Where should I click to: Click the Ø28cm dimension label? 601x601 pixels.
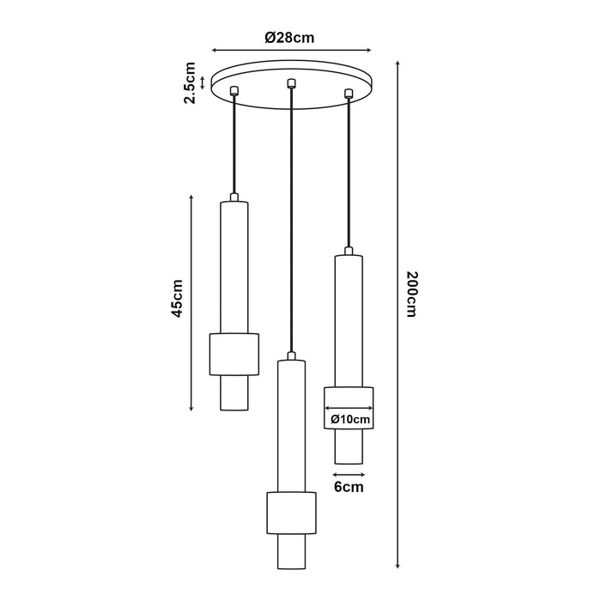coord(290,37)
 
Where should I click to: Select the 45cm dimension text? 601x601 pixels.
coord(178,298)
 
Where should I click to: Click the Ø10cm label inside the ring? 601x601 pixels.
coord(349,419)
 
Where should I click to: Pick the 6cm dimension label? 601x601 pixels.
coord(348,488)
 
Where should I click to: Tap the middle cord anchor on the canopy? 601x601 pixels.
coord(292,83)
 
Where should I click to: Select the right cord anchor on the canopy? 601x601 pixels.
coord(349,92)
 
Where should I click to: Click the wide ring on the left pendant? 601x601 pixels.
coord(234,353)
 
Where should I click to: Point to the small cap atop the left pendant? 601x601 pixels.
coord(234,197)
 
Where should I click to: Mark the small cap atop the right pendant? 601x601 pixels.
coord(349,250)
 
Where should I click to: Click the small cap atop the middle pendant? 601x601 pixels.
coord(292,355)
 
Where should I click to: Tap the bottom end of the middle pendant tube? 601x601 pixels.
coord(292,568)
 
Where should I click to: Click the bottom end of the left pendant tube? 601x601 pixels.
coord(234,410)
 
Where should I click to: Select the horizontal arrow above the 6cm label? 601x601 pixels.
coord(348,472)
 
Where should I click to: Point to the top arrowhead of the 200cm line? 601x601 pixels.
coord(398,64)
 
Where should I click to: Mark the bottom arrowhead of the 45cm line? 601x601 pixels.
coord(191,407)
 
